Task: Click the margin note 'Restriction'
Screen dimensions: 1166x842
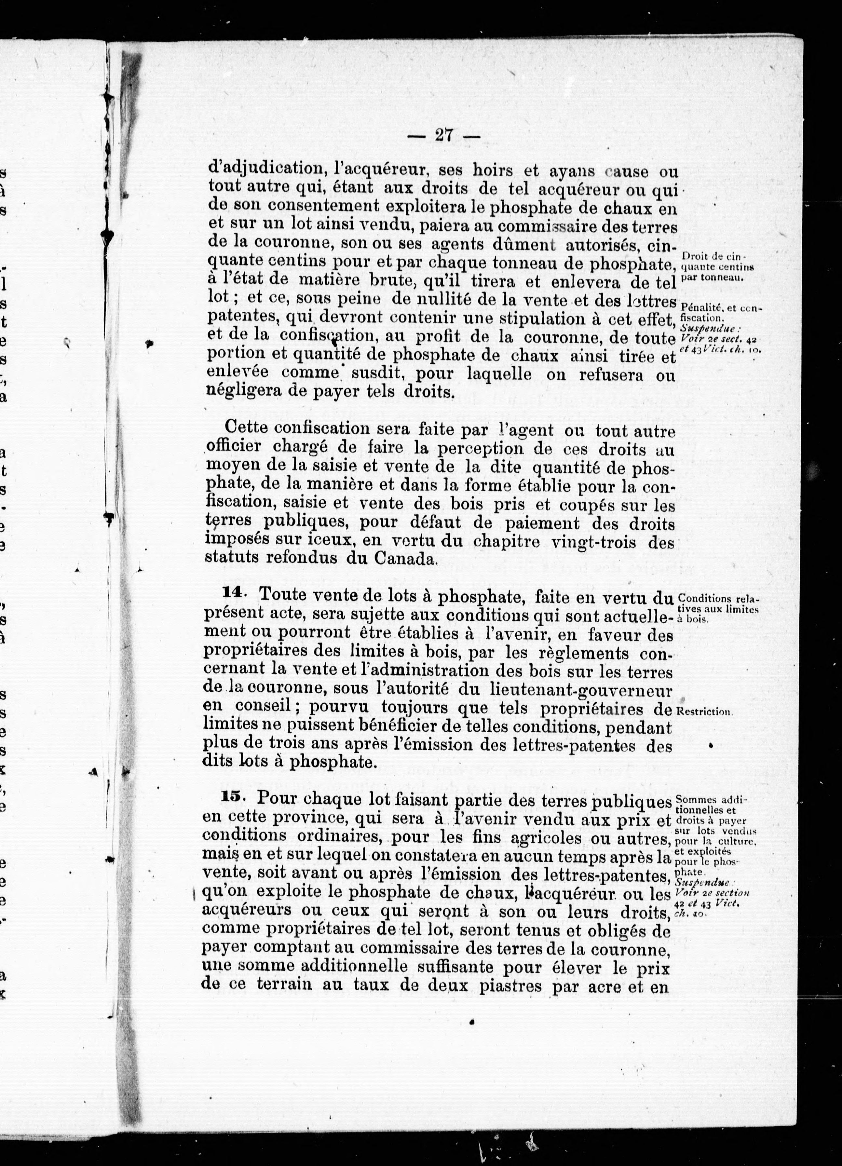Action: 704,712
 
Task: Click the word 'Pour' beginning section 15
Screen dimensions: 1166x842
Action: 277,799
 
